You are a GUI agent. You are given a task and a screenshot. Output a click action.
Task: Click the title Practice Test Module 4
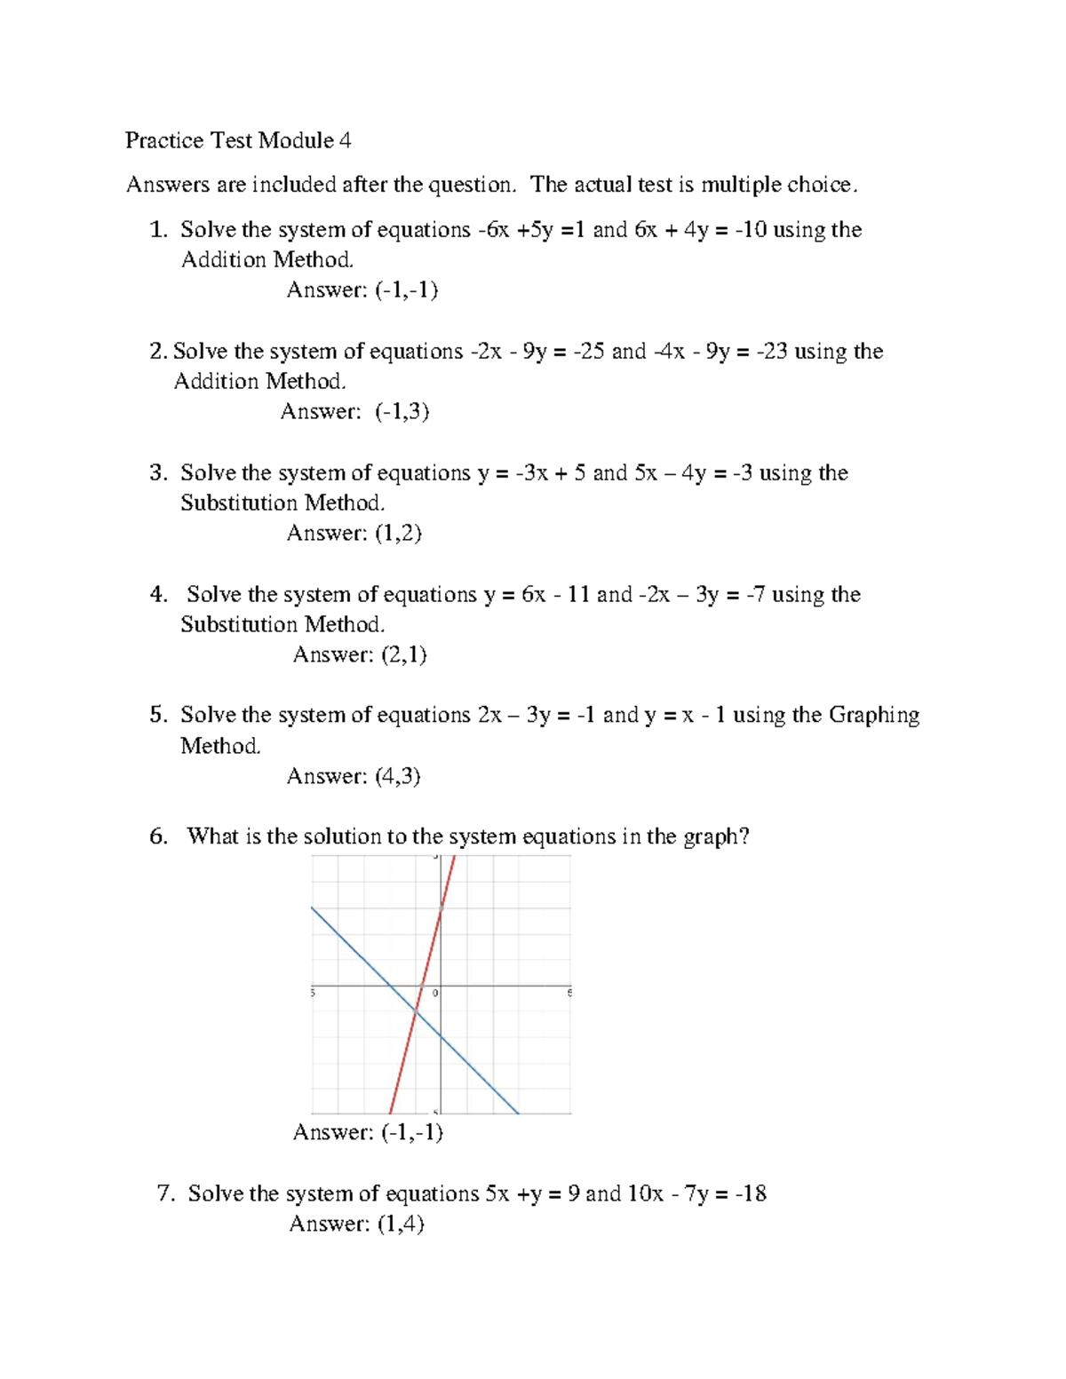click(238, 140)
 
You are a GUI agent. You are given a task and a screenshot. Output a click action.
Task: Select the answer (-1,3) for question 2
click(402, 411)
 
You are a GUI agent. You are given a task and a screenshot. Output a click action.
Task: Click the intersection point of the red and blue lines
click(415, 1010)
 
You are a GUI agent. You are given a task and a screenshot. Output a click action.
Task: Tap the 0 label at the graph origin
click(435, 993)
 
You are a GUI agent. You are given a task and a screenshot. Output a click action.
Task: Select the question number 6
click(158, 836)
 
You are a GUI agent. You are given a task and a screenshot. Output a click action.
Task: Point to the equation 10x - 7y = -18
click(696, 1193)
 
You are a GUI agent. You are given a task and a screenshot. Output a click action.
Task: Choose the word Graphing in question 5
click(873, 716)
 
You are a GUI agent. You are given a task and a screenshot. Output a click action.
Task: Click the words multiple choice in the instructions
click(778, 185)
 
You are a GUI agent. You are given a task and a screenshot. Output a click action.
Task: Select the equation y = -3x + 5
click(531, 472)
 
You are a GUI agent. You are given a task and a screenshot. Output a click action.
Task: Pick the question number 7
click(165, 1193)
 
